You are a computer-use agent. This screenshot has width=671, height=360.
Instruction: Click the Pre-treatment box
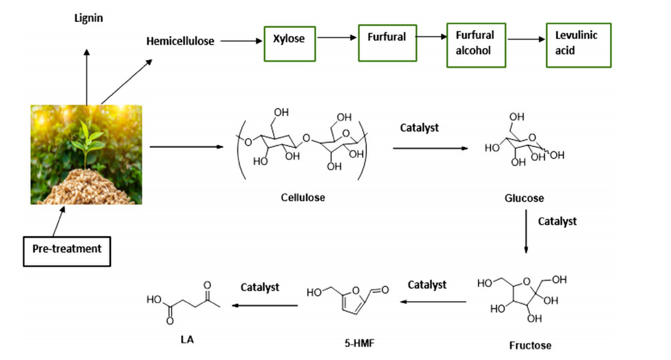(67, 249)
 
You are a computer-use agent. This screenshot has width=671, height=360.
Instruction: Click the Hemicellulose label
(180, 41)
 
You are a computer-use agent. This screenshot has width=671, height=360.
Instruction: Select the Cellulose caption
(303, 198)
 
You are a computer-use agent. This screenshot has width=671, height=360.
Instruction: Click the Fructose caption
(530, 345)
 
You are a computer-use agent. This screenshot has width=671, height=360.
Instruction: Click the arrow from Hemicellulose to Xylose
(239, 41)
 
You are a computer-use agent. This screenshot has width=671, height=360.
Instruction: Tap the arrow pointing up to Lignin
(86, 75)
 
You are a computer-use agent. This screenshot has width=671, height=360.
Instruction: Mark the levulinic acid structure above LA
(184, 300)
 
